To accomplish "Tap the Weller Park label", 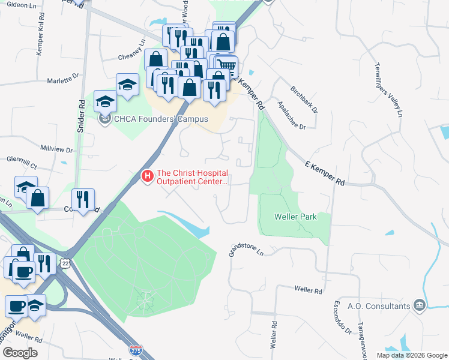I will pos(295,217).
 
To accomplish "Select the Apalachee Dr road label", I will pos(292,115).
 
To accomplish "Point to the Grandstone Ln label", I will pos(246,250).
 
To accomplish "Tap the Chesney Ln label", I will pos(133,49).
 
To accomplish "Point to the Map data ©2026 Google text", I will pos(411,355).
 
